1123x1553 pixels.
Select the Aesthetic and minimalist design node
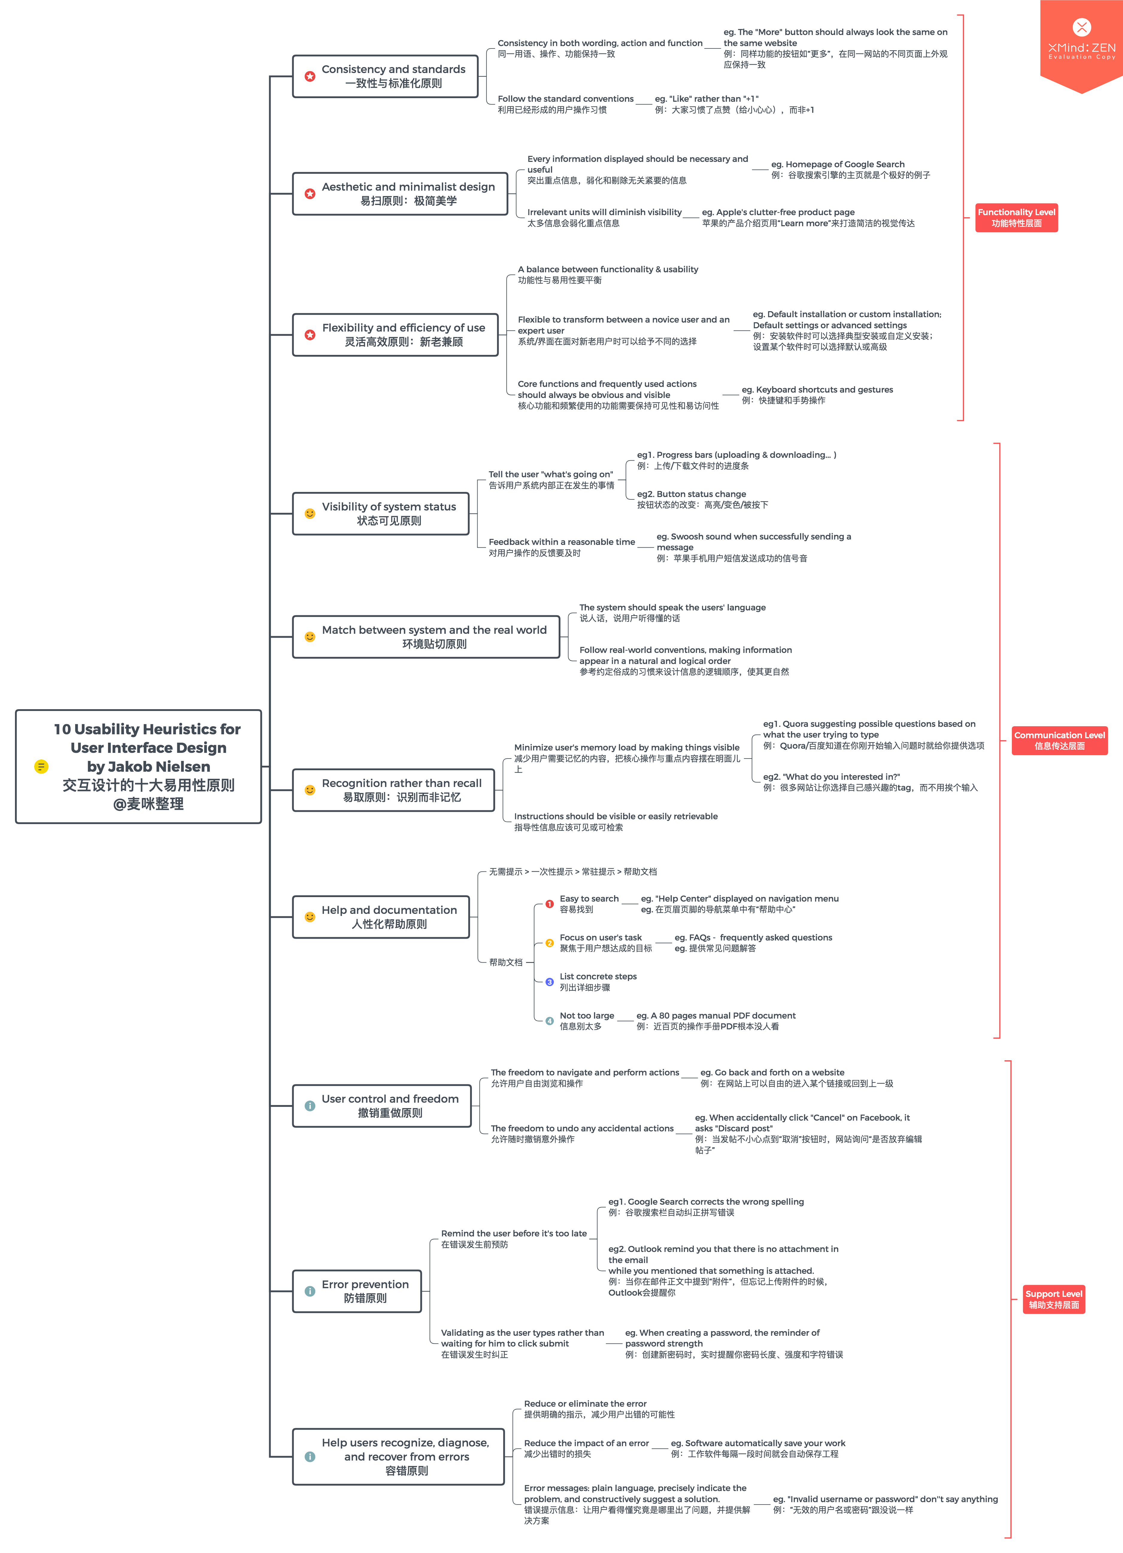click(400, 194)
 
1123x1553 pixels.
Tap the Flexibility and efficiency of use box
click(395, 335)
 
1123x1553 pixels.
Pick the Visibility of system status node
click(381, 513)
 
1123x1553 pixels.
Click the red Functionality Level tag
click(1016, 218)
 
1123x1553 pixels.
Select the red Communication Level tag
click(1059, 740)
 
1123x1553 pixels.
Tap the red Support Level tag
click(1053, 1299)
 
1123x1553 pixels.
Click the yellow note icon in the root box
click(41, 766)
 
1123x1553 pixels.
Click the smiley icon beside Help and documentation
click(310, 917)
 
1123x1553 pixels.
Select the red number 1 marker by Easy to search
click(549, 904)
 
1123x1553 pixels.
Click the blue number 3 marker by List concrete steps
click(549, 982)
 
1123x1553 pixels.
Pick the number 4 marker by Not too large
click(549, 1021)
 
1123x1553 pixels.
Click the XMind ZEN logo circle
click(1081, 28)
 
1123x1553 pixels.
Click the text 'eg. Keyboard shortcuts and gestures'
click(817, 390)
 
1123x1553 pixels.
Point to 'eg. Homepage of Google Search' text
click(837, 164)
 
